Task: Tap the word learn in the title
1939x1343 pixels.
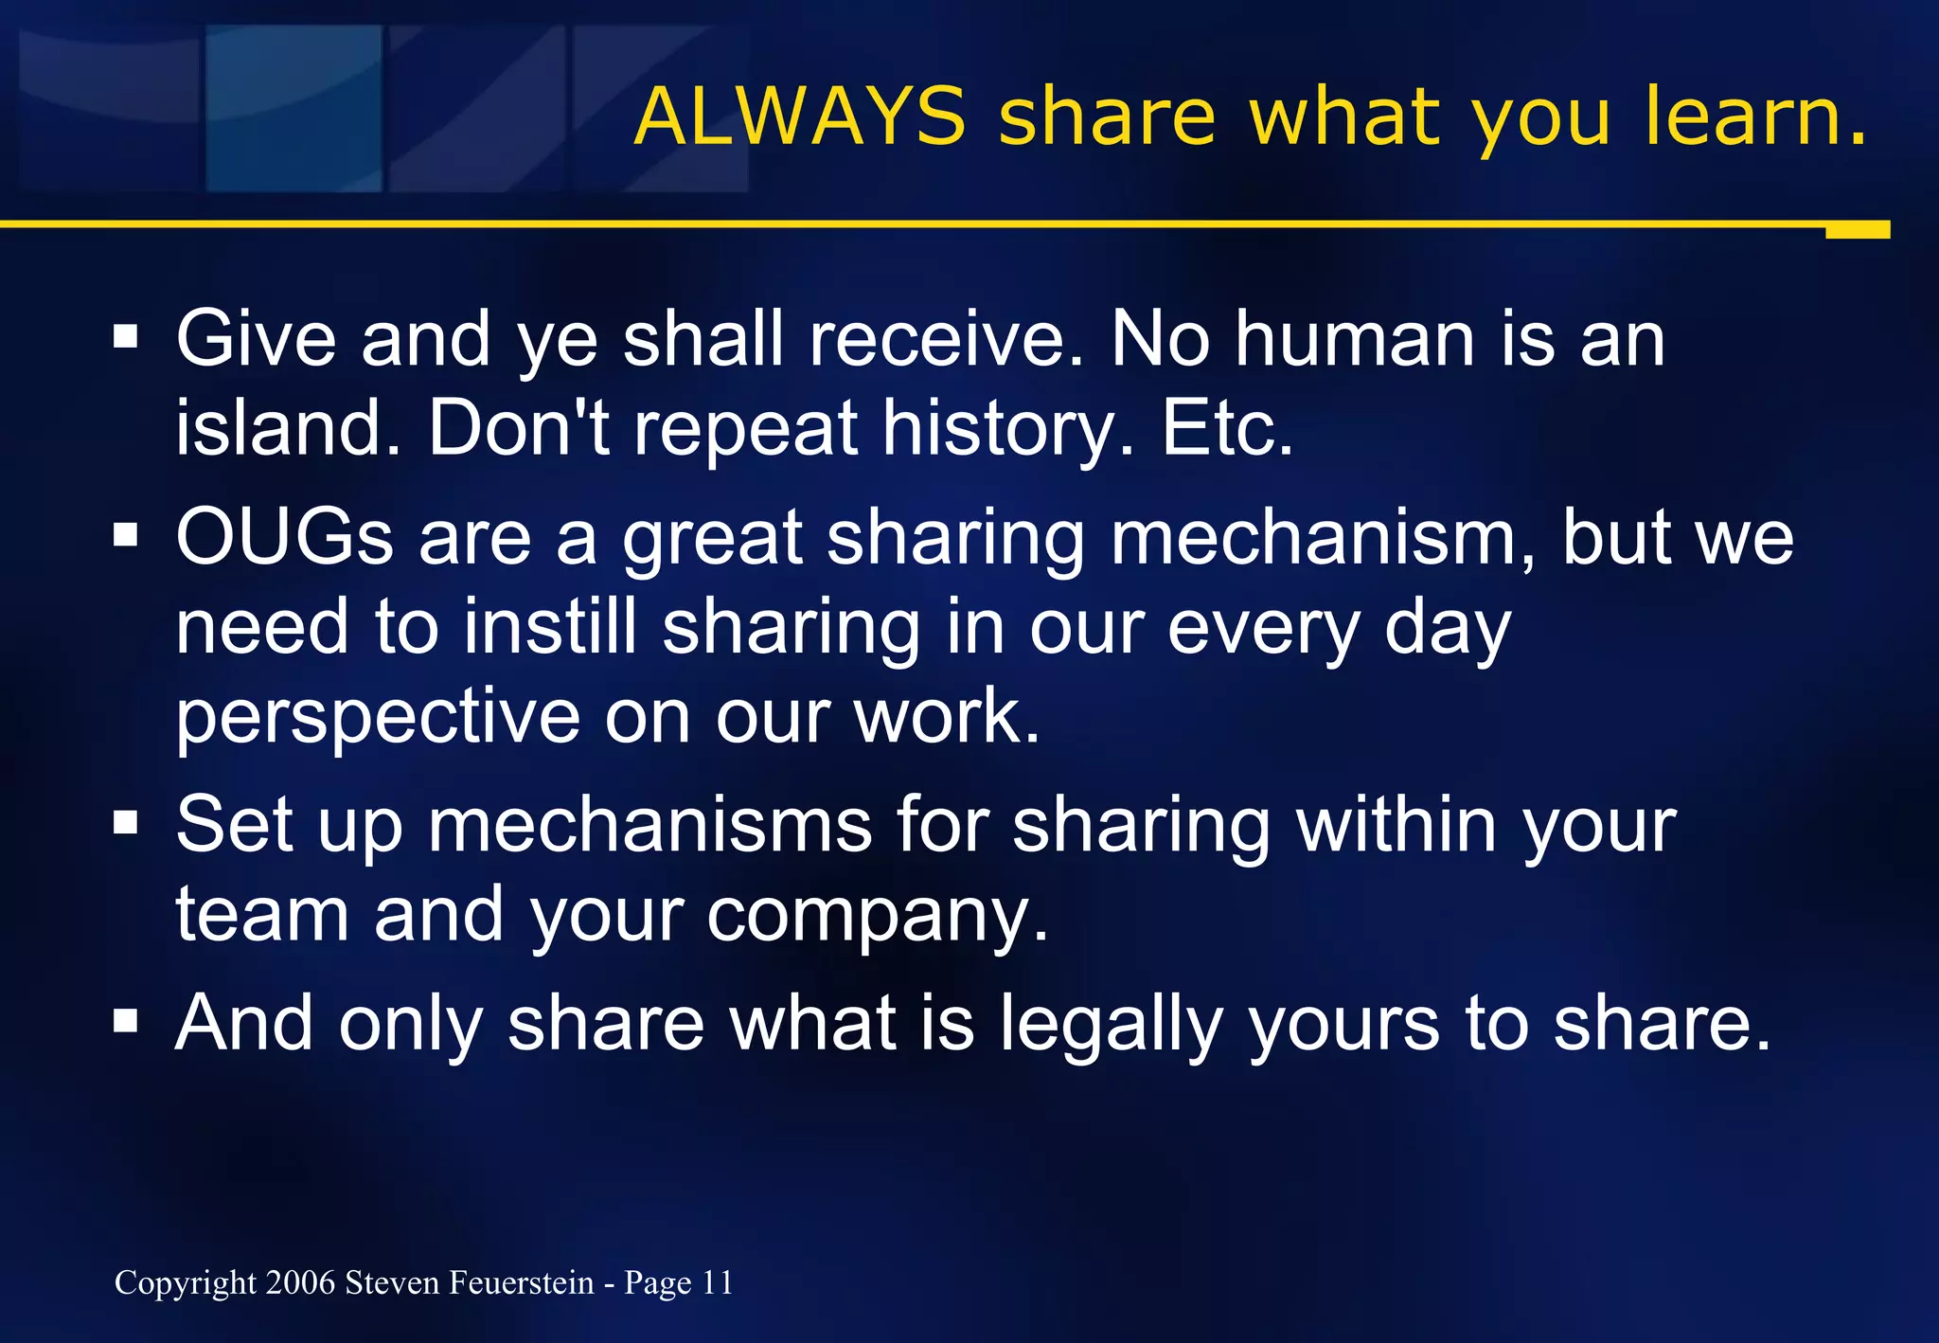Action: pyautogui.click(x=1754, y=116)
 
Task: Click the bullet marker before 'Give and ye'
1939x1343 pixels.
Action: pyautogui.click(x=126, y=336)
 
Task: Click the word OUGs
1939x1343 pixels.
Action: pyautogui.click(x=284, y=537)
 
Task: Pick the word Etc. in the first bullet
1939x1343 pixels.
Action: pyautogui.click(x=1227, y=427)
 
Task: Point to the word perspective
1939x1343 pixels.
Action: pyautogui.click(x=378, y=718)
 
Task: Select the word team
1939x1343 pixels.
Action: pyautogui.click(x=262, y=914)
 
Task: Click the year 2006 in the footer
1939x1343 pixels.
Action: pyautogui.click(x=300, y=1282)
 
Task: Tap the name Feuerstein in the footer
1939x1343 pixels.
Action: pyautogui.click(x=522, y=1282)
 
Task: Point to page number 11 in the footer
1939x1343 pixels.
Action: pyautogui.click(x=717, y=1282)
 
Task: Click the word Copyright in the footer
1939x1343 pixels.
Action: pyautogui.click(x=186, y=1282)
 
